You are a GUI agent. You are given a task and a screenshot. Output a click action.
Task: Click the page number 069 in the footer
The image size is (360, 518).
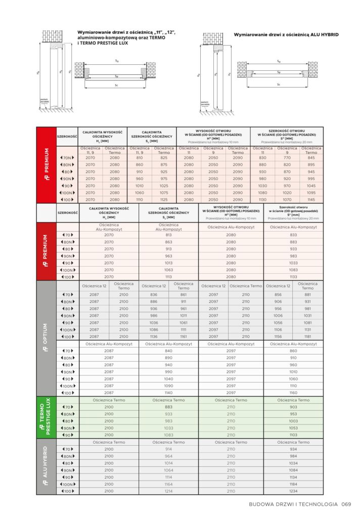[x=346, y=504]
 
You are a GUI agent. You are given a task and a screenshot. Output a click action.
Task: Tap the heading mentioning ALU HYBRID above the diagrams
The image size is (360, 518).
[x=286, y=34]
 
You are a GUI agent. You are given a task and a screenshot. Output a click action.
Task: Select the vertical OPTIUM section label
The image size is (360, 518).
[x=47, y=337]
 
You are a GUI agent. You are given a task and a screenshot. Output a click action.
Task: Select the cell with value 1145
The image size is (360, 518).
[x=311, y=200]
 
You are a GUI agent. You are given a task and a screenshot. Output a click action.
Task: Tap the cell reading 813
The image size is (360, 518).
[x=168, y=235]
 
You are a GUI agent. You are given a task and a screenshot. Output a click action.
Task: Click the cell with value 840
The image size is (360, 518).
[x=168, y=351]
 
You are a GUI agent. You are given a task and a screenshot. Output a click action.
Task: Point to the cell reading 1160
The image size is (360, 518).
[x=293, y=393]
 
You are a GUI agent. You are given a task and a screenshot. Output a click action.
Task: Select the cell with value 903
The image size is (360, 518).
[x=293, y=407]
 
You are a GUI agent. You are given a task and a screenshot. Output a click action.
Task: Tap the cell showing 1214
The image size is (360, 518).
[x=168, y=491]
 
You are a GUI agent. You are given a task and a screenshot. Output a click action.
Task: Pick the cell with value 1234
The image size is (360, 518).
[x=293, y=491]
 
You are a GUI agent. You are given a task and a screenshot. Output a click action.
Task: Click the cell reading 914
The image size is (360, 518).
[x=168, y=449]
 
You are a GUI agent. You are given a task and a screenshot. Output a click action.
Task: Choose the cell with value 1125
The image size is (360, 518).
[x=164, y=200]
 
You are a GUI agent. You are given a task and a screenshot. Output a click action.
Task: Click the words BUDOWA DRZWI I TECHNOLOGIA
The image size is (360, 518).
[x=293, y=504]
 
